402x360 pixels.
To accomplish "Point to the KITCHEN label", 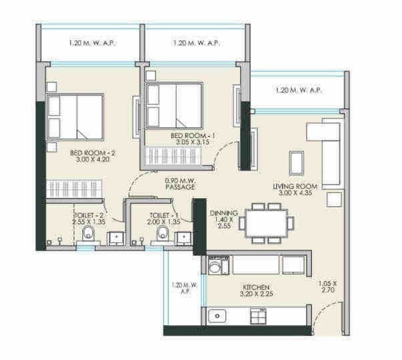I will [x=257, y=290].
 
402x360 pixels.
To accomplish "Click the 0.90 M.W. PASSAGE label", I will [x=179, y=183].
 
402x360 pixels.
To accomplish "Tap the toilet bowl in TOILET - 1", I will [x=162, y=233].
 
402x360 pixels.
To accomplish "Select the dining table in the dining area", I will [x=266, y=223].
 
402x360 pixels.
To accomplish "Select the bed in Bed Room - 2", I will [x=75, y=117].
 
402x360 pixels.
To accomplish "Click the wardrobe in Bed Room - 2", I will [x=74, y=189].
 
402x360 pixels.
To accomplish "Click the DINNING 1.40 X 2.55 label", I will [x=223, y=220].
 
